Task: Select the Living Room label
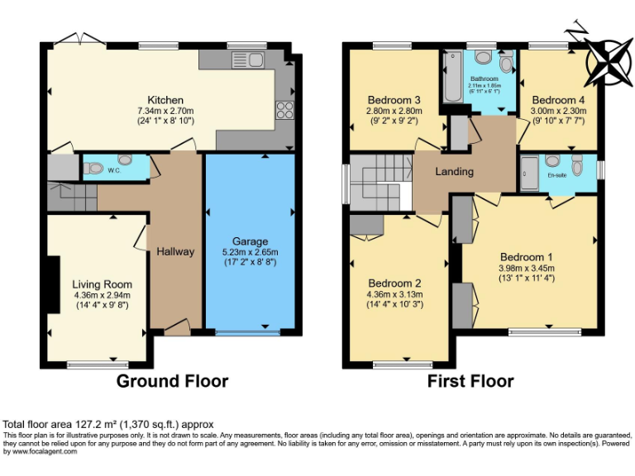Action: point(102,283)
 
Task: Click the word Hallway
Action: point(175,251)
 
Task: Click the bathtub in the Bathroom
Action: point(452,76)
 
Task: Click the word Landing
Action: point(454,172)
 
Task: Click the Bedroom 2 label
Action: point(394,283)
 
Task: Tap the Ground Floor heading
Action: point(172,381)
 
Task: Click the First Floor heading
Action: point(470,381)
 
